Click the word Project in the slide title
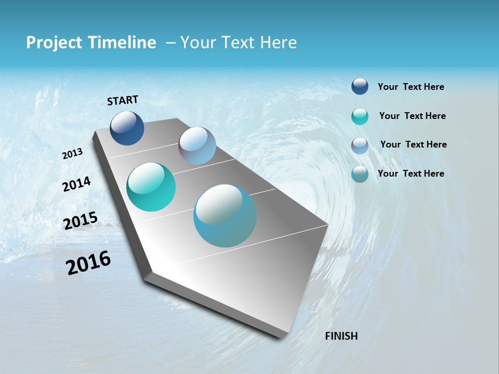coord(50,43)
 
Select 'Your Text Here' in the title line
coord(239,43)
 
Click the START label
coord(123,100)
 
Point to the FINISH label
coord(342,336)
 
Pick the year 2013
coord(73,154)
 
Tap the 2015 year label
coord(81,221)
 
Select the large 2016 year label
coord(88,263)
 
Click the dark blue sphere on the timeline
coord(127,128)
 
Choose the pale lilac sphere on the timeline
coord(197,145)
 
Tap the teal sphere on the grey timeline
coord(151,187)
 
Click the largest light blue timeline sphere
coord(225,216)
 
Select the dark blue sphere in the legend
coord(360,87)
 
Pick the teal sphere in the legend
coord(360,116)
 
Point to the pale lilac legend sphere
coord(360,145)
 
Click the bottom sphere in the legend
coord(360,174)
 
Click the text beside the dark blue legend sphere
coord(411,87)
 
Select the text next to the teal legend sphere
coord(412,116)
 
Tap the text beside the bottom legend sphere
coord(411,173)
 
